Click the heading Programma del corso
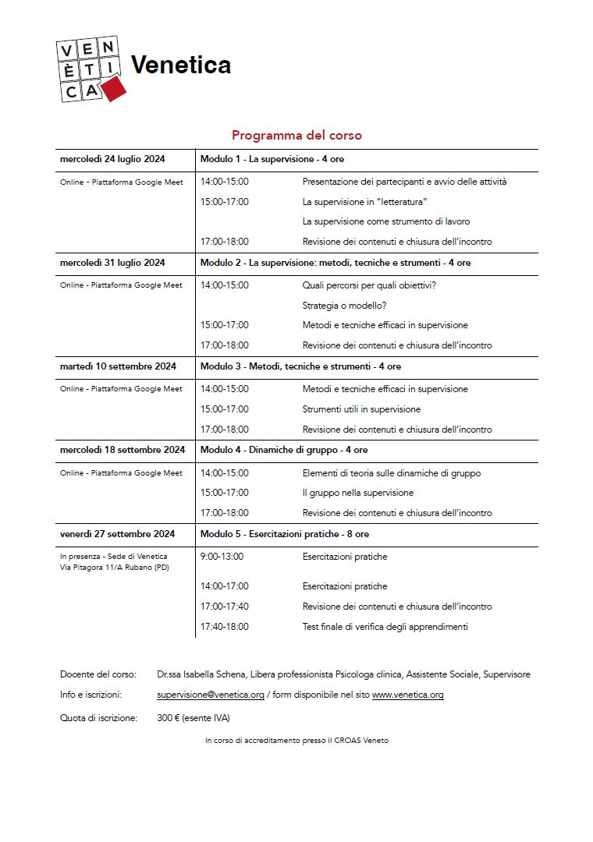[296, 135]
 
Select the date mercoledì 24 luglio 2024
[112, 159]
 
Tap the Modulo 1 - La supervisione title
[272, 159]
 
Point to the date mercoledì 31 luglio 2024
[112, 263]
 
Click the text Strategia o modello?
[344, 305]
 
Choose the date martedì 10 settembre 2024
[118, 366]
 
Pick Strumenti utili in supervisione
[361, 409]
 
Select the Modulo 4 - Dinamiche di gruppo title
[284, 450]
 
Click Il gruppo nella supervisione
[358, 493]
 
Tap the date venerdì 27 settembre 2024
[117, 534]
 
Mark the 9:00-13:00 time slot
[222, 557]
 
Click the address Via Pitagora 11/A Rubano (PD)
[114, 567]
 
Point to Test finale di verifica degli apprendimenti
[385, 626]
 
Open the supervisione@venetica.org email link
[211, 695]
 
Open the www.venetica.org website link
[407, 695]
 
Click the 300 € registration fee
[168, 718]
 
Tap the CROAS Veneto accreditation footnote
[296, 741]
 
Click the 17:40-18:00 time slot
[224, 626]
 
